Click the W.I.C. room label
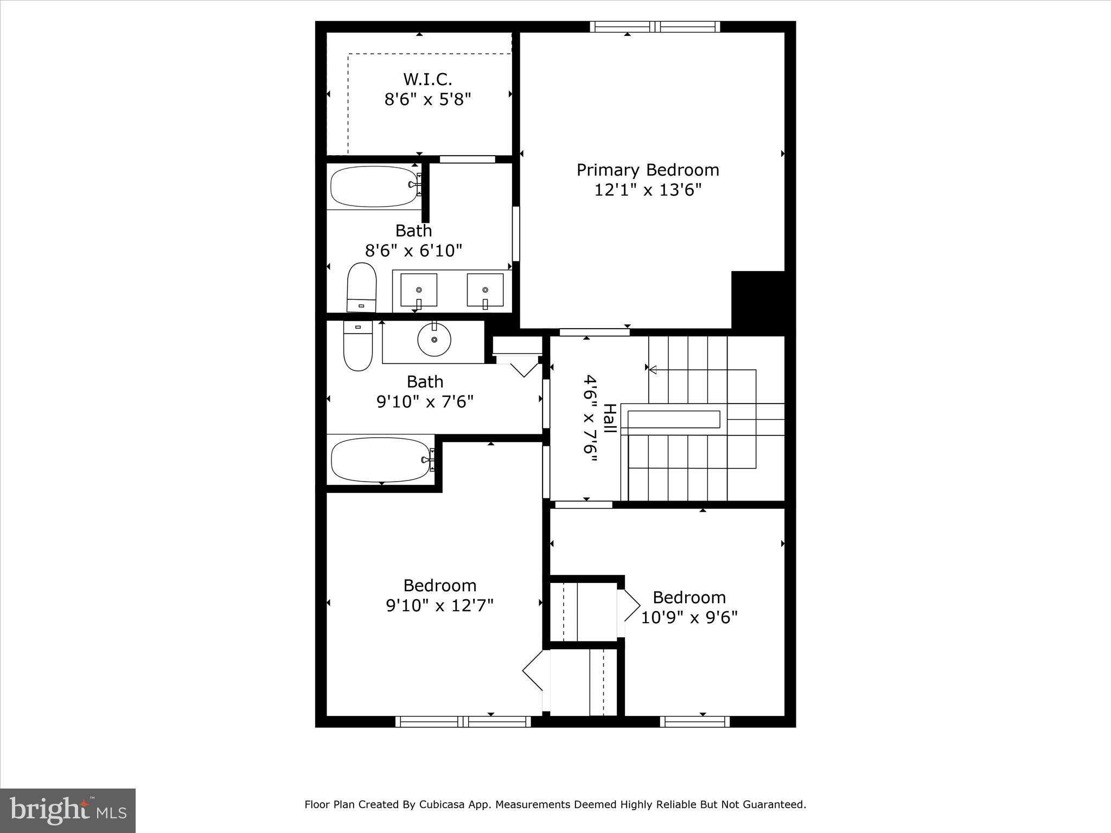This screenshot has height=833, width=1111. point(427,80)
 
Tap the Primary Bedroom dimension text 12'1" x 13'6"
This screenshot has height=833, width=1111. point(648,190)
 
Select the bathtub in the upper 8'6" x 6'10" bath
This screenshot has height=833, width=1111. point(374,187)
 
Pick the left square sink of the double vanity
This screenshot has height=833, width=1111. point(418,290)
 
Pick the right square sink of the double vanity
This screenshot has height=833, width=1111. point(485,290)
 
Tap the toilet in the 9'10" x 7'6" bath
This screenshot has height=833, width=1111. point(358,345)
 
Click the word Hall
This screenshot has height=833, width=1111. point(609,418)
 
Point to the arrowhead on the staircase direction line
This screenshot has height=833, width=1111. point(654,370)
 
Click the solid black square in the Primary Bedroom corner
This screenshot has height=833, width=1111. point(758,299)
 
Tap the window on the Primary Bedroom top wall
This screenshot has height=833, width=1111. point(655,27)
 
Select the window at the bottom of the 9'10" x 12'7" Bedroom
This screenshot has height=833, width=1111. point(463,721)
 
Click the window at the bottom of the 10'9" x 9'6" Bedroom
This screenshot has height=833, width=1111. point(694,721)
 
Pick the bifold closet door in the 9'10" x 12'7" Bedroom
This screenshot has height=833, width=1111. point(533,670)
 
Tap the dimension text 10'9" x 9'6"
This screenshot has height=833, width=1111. point(689,618)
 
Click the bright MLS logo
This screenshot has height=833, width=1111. point(68,810)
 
